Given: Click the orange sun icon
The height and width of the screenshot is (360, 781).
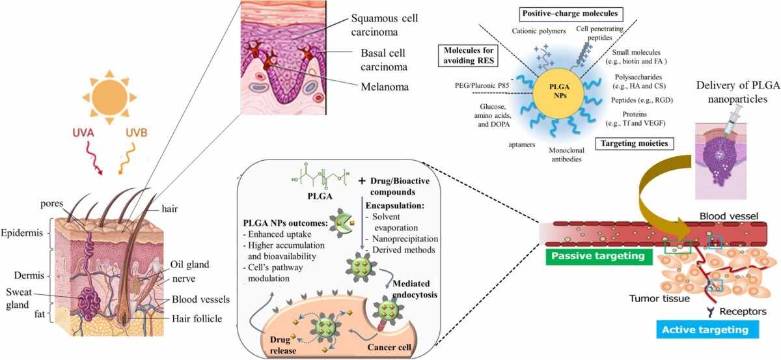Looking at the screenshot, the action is [x=109, y=97].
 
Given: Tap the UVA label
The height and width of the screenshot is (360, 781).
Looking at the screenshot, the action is [x=84, y=133].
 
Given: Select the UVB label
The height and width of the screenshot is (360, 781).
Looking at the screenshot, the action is [x=136, y=133].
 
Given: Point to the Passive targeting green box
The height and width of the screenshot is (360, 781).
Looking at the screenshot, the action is [x=598, y=256].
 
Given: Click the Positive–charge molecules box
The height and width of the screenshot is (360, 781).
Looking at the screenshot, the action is [x=570, y=14].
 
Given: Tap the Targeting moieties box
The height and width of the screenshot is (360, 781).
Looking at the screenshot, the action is [x=634, y=143].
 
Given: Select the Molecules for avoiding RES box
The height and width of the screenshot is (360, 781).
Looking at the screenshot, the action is [x=469, y=55].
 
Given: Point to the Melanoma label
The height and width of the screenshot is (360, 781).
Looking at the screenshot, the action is [x=385, y=87].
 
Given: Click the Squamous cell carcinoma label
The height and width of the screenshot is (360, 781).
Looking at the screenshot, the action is [x=385, y=25].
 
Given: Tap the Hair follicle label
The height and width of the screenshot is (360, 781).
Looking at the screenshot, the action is [x=197, y=318].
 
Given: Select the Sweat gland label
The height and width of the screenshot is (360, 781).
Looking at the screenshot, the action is [x=18, y=298].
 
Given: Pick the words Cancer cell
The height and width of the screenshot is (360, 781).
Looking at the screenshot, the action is [x=389, y=347].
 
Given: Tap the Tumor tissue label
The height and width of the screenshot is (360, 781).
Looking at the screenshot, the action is [x=659, y=299].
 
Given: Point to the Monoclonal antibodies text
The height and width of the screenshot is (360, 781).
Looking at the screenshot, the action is [x=567, y=154].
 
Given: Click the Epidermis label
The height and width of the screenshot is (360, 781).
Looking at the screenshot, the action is [x=21, y=232].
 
